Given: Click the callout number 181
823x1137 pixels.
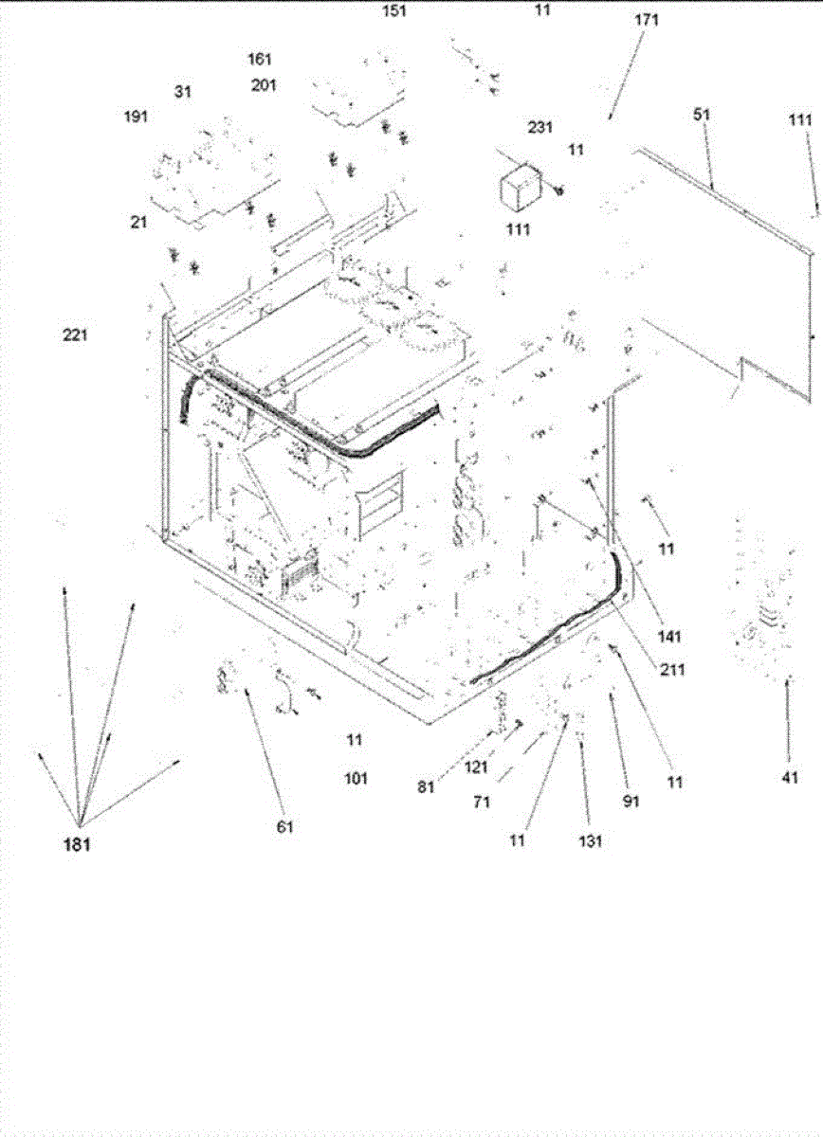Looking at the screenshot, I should tap(76, 846).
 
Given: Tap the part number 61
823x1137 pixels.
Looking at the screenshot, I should tap(285, 827).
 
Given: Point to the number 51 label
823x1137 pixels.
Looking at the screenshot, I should tap(702, 115).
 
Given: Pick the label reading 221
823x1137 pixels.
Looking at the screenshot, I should tap(76, 334).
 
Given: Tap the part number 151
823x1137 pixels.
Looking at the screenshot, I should tap(393, 11).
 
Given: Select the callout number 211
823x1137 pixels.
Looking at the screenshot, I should tap(673, 670).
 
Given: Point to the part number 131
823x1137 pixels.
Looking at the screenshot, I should tap(590, 840).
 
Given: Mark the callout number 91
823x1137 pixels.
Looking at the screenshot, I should tap(631, 802).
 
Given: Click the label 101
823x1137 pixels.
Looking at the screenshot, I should tap(356, 779).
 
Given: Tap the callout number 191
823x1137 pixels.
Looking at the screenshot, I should tap(137, 117).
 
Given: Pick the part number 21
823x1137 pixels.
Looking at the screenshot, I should tap(138, 223).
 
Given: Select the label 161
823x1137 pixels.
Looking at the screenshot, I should tap(260, 60).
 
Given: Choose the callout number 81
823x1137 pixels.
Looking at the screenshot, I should tap(426, 785).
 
